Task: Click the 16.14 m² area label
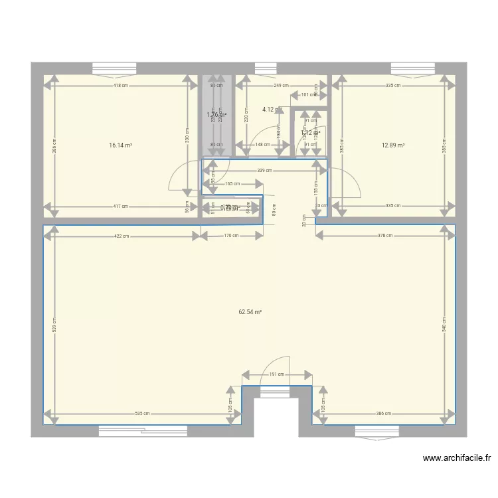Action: pyautogui.click(x=121, y=144)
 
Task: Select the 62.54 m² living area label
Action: pyautogui.click(x=250, y=311)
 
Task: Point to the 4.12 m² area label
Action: pyautogui.click(x=269, y=110)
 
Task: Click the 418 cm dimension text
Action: pyautogui.click(x=120, y=85)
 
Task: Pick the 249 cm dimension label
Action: pyautogui.click(x=281, y=85)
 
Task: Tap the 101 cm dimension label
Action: pyautogui.click(x=309, y=95)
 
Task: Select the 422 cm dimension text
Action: pyautogui.click(x=121, y=236)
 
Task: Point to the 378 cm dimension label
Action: pyautogui.click(x=385, y=236)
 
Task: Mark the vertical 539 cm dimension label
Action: pyautogui.click(x=55, y=325)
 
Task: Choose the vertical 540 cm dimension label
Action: pyautogui.click(x=444, y=325)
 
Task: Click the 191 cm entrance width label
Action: pyautogui.click(x=277, y=374)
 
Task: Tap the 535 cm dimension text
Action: pyautogui.click(x=142, y=414)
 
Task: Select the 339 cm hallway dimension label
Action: pyautogui.click(x=264, y=171)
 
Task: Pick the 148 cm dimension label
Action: pyautogui.click(x=263, y=144)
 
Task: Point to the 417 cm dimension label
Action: pyautogui.click(x=120, y=206)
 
